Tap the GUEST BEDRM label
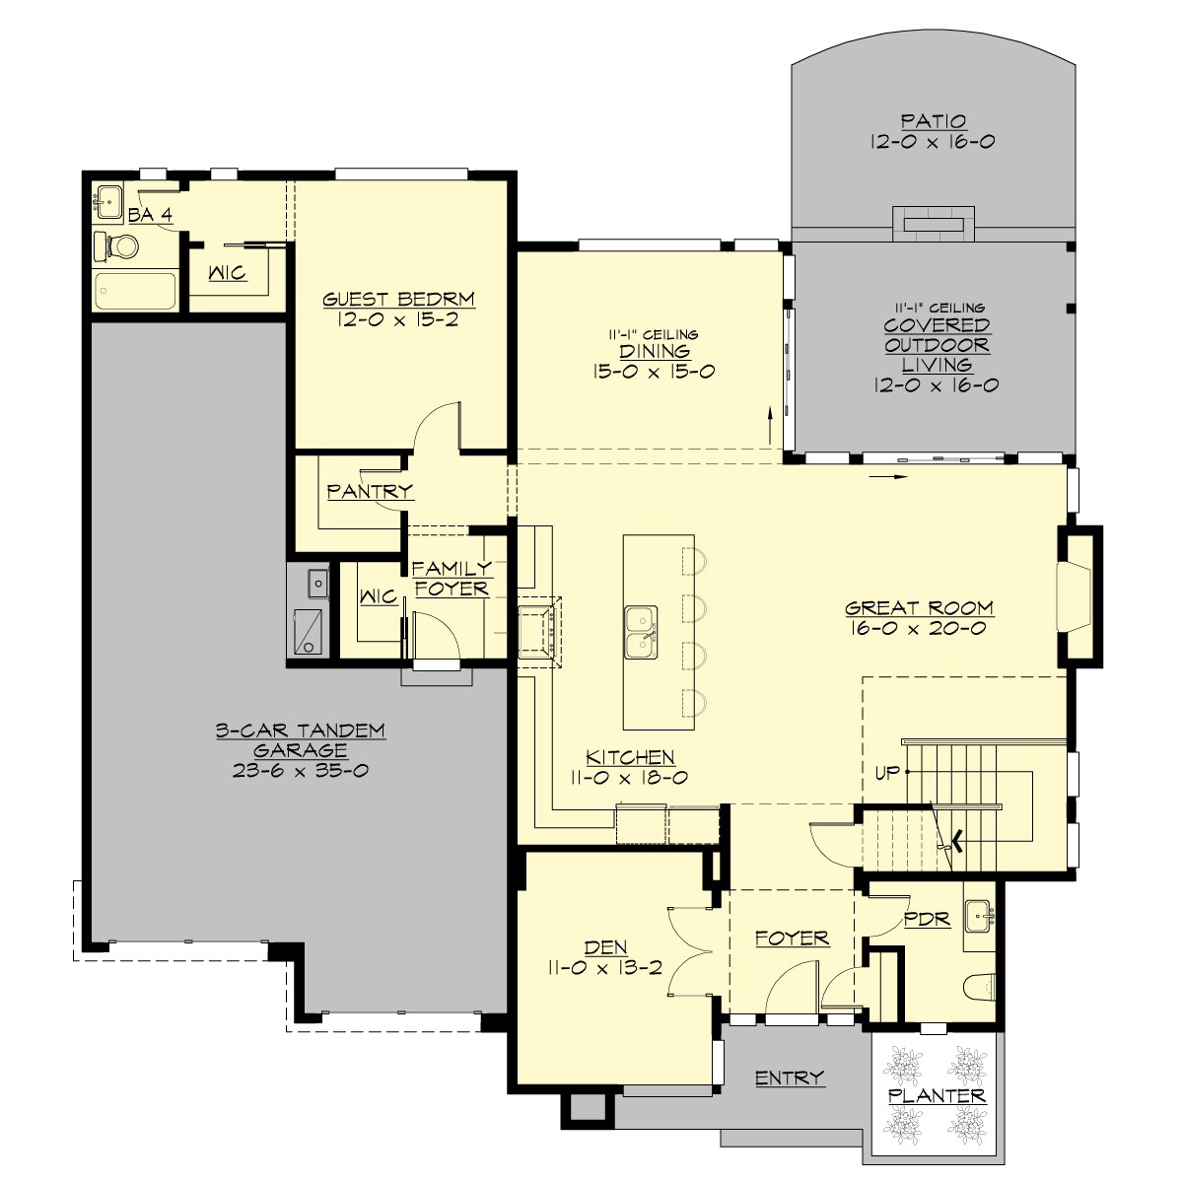[398, 300]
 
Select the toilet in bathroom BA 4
[116, 246]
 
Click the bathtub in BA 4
[135, 292]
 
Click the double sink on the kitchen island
[641, 632]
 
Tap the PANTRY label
[370, 491]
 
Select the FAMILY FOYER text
[452, 579]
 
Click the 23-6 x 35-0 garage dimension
[300, 771]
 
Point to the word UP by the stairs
[887, 773]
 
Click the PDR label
[927, 920]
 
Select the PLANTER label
[936, 1096]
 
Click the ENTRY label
[789, 1078]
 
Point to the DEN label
[605, 947]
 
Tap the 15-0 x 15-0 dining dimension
[655, 372]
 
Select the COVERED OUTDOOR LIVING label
[936, 345]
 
